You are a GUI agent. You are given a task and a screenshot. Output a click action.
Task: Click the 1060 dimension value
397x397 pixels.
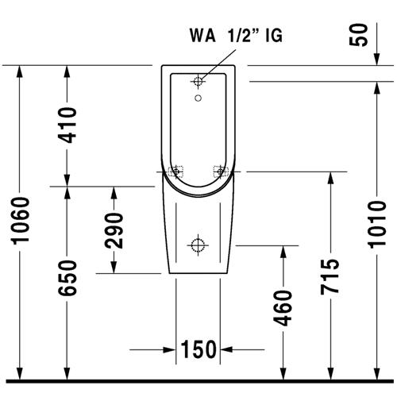coord(20,220)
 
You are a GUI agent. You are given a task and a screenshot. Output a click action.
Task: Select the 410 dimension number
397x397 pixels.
coord(67,125)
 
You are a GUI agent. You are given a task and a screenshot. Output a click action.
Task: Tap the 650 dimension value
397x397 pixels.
coord(67,278)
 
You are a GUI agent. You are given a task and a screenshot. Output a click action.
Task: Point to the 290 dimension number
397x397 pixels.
coord(114,231)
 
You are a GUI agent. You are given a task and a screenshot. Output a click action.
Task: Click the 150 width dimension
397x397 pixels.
coord(198,349)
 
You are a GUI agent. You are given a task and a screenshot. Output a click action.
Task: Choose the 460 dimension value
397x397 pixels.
coord(283,308)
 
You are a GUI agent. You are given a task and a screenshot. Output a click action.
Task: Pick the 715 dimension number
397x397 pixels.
coord(330,277)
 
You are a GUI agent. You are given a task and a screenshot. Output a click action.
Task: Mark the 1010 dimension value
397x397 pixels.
coord(377,225)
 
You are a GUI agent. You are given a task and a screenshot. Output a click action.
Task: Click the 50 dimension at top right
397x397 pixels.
coord(359,35)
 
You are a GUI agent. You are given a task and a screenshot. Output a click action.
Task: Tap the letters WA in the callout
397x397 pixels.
coord(202,36)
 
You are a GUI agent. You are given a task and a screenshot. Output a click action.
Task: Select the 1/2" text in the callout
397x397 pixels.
coord(244,35)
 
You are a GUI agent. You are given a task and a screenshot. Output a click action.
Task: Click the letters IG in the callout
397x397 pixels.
coord(274,36)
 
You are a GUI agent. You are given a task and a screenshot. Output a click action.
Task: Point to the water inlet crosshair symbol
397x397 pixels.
coord(198,81)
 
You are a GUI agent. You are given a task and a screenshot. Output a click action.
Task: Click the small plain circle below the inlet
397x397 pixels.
coord(198,98)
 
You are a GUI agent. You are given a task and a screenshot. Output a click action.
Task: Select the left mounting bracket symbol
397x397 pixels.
coord(175,172)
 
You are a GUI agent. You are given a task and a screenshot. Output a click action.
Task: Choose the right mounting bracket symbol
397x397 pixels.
coord(221,172)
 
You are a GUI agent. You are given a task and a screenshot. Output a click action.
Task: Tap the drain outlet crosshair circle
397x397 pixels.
coord(198,245)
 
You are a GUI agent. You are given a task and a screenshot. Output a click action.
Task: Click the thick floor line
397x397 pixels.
coord(200,381)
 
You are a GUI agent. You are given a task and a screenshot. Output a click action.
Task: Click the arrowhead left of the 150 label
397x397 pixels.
coord(169,349)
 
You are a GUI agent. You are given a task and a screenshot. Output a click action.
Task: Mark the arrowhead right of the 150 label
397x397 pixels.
coord(226,349)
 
